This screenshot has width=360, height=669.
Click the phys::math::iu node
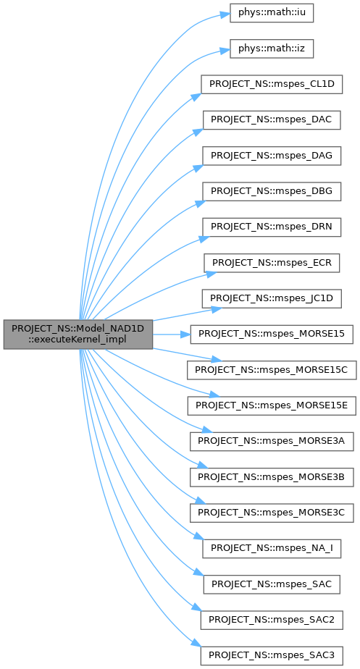point(272,12)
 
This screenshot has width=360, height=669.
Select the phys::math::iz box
point(272,48)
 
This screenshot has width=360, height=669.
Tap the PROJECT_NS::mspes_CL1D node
point(272,85)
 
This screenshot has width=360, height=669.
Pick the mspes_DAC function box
point(272,121)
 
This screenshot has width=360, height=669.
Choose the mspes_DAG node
point(272,156)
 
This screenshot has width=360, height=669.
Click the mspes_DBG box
point(272,192)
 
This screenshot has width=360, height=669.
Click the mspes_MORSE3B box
point(272,477)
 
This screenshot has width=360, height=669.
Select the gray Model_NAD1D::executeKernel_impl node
point(78,334)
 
